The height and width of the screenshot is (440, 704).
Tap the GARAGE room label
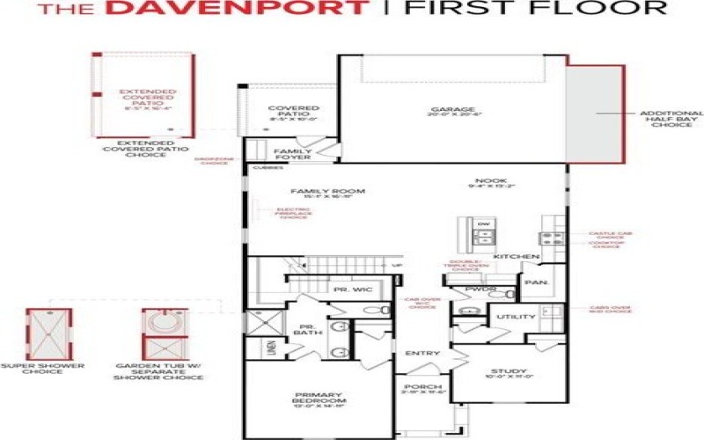point(451,110)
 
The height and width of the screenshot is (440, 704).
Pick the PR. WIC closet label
point(353,290)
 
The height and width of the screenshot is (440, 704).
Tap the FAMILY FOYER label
point(293,155)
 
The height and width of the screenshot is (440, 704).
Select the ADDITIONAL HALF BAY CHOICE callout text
point(671,119)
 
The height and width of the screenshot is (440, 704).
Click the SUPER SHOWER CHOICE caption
point(32,368)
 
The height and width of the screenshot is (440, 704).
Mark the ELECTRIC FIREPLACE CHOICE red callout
point(293,214)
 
